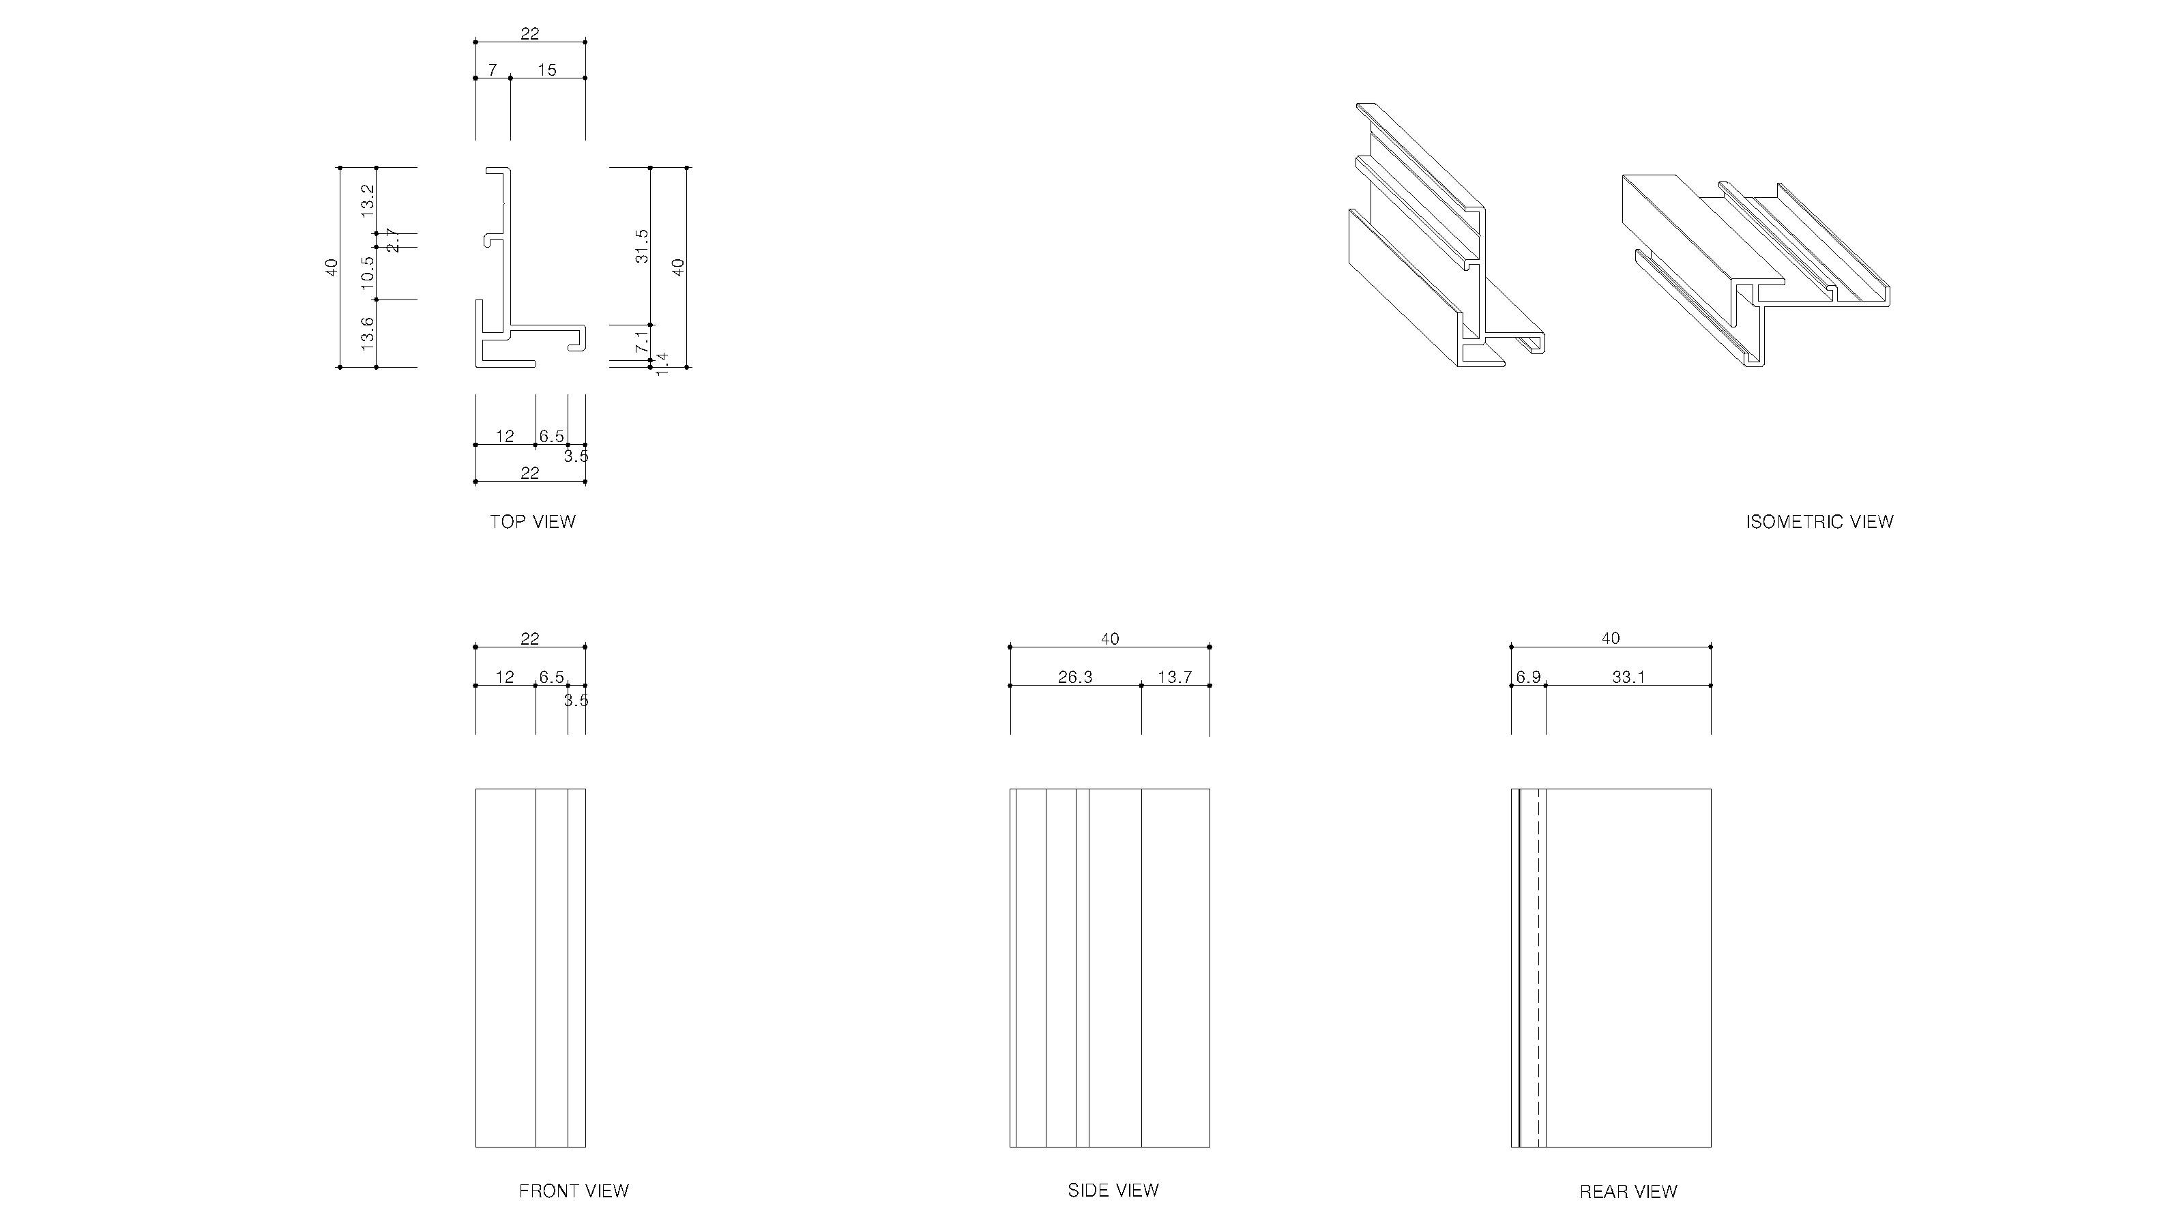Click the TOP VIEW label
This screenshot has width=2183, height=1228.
pos(532,522)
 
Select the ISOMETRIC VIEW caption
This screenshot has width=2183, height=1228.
pos(1819,522)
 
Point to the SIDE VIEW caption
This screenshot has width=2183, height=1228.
pos(1113,1190)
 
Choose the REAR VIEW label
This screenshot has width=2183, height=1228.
pos(1628,1193)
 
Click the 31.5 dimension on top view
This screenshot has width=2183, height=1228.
pos(641,246)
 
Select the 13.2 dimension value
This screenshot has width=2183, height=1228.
pos(367,200)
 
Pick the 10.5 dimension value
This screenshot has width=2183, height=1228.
pos(367,273)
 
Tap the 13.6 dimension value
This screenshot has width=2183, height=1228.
pos(367,333)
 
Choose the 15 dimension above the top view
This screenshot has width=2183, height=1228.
pos(547,70)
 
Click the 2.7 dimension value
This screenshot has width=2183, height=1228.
pos(392,240)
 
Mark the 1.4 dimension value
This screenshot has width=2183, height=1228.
pos(662,364)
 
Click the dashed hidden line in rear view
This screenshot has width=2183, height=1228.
pos(1538,966)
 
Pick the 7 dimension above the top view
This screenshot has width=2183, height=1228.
pos(493,70)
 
